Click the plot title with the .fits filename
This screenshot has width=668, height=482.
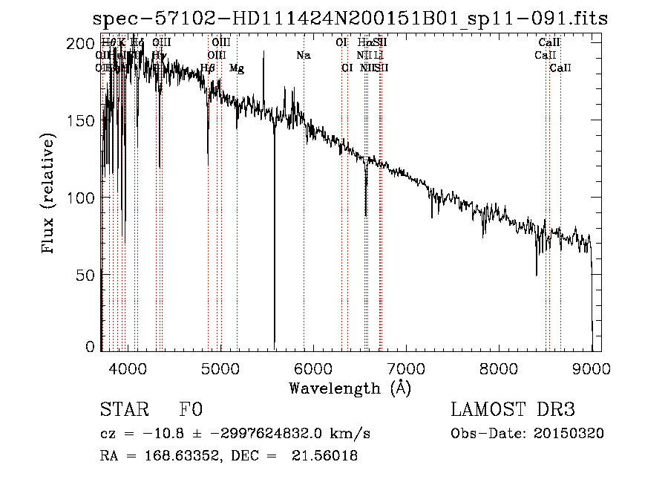tap(349, 19)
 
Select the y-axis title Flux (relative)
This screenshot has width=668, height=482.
tap(50, 195)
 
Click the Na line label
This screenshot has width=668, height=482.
tap(303, 56)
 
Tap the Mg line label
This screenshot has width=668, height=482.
tap(237, 68)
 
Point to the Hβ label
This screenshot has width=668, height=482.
tap(208, 68)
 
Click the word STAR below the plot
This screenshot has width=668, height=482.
tap(122, 411)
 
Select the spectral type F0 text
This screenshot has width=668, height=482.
tap(191, 411)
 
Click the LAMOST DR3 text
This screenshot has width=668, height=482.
tap(513, 411)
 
